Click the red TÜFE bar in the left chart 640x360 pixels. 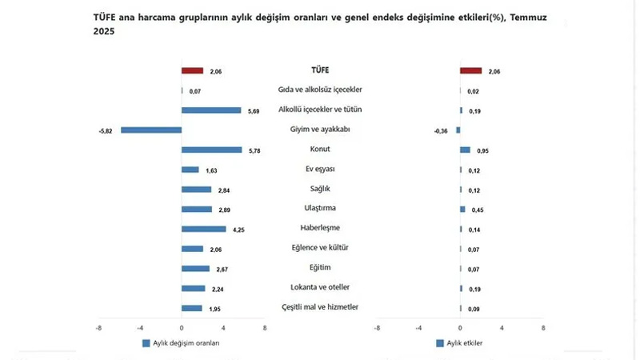click(193, 70)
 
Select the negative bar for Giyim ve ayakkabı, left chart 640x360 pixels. click(151, 130)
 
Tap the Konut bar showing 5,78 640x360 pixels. click(211, 150)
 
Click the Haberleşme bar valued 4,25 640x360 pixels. click(204, 229)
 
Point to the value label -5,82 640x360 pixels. click(107, 130)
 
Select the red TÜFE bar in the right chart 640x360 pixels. click(470, 70)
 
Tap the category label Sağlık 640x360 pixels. click(320, 189)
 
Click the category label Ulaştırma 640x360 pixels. click(320, 209)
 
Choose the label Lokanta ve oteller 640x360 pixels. click(320, 287)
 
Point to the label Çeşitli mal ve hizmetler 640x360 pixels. click(320, 307)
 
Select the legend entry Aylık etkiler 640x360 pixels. click(465, 343)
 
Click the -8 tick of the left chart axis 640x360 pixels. click(98, 327)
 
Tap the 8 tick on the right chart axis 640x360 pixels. click(542, 327)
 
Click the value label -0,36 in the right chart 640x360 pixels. click(441, 130)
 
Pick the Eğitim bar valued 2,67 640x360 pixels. click(195, 268)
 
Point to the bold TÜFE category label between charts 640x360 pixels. click(320, 70)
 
